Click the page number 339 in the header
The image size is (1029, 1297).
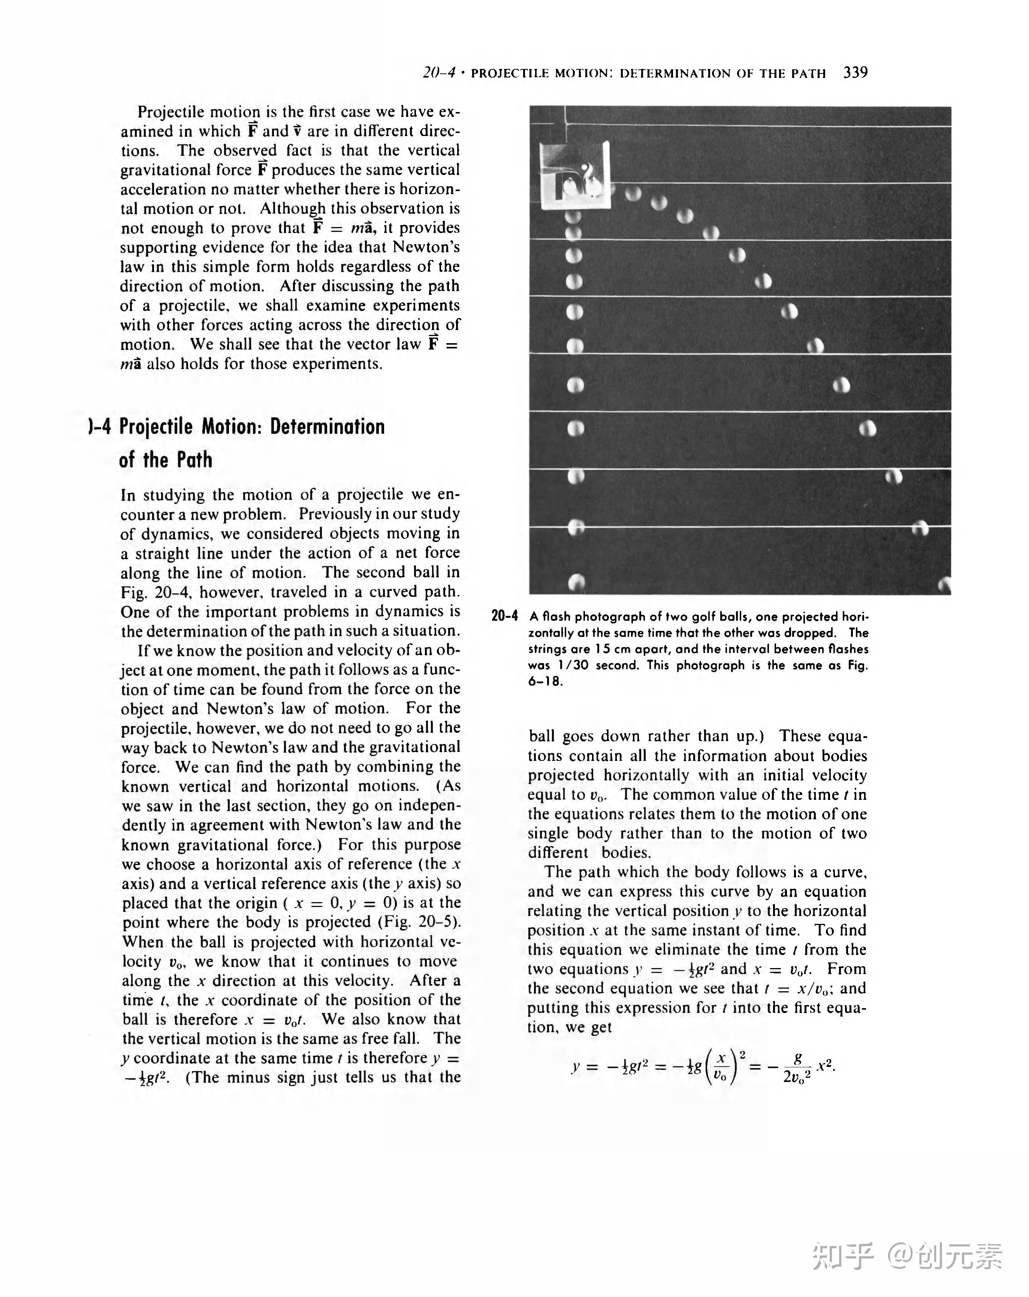(855, 73)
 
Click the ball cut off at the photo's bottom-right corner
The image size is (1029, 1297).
(945, 584)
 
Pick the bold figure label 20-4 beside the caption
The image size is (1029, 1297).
(504, 616)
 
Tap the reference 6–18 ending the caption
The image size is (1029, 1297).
(545, 681)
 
